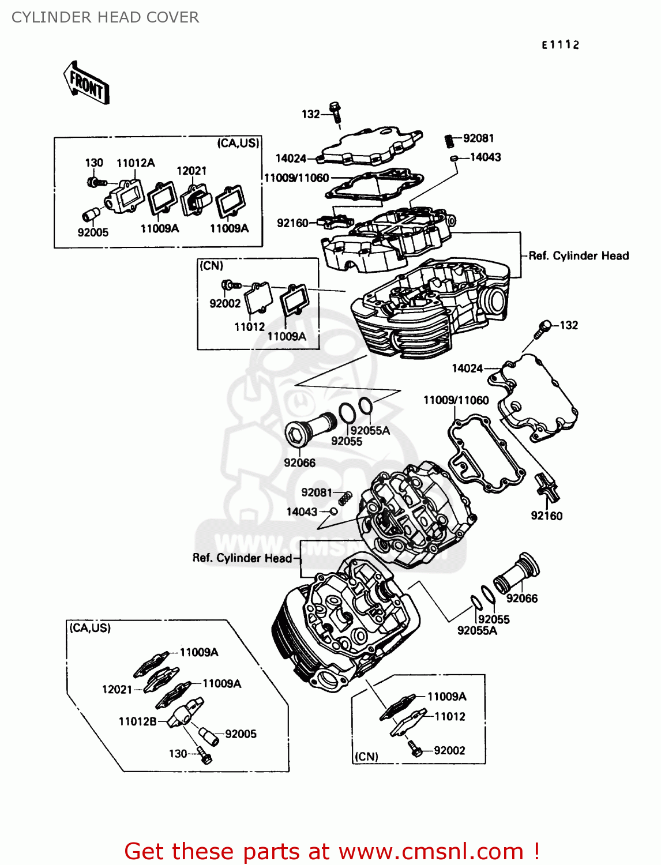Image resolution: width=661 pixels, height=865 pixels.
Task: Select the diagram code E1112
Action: pos(560,45)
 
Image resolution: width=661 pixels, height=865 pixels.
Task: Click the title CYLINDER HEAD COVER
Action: pos(105,17)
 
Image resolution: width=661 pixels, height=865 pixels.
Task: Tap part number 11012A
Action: pos(136,163)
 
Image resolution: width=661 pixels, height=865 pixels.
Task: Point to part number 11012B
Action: pos(137,721)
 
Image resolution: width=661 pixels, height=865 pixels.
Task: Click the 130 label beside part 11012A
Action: pos(94,163)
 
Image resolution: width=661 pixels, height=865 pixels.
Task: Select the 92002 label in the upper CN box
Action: pos(225,303)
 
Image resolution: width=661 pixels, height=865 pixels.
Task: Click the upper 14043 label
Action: pos(485,157)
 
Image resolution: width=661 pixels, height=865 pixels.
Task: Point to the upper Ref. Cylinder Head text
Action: pos(579,256)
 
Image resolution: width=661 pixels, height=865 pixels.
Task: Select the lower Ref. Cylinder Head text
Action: pos(242,558)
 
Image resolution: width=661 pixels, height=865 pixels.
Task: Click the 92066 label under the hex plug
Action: pos(299,463)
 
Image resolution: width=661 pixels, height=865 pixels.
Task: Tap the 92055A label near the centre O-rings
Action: pos(370,431)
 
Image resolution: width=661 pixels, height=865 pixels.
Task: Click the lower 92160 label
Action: pos(546,516)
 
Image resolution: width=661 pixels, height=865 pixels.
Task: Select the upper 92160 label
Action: pos(292,223)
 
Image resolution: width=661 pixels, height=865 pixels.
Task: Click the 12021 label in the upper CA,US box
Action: pos(191,171)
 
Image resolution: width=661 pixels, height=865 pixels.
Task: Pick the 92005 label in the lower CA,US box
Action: pos(241,734)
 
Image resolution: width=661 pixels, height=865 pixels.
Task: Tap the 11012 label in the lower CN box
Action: pos(449,717)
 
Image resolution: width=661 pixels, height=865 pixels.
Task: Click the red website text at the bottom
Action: pos(332,851)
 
